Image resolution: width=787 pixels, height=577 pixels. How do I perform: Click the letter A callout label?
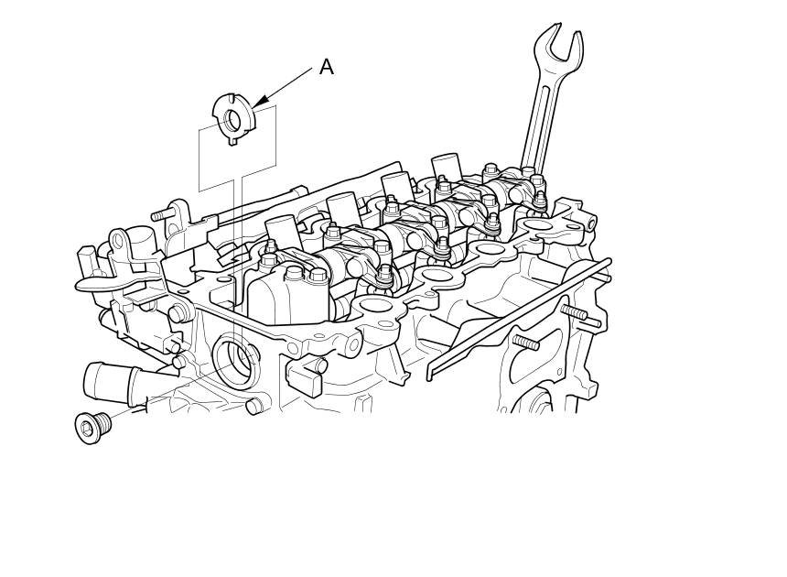click(327, 67)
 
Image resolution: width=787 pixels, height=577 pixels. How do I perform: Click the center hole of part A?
click(234, 118)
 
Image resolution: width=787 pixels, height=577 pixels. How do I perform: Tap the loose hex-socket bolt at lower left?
click(92, 427)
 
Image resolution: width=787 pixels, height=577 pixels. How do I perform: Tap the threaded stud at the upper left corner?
click(162, 215)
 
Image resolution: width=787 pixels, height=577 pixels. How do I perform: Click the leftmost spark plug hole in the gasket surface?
click(376, 304)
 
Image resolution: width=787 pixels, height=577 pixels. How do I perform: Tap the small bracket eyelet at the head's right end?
click(590, 222)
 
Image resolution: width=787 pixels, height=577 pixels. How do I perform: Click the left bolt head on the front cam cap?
click(294, 272)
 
